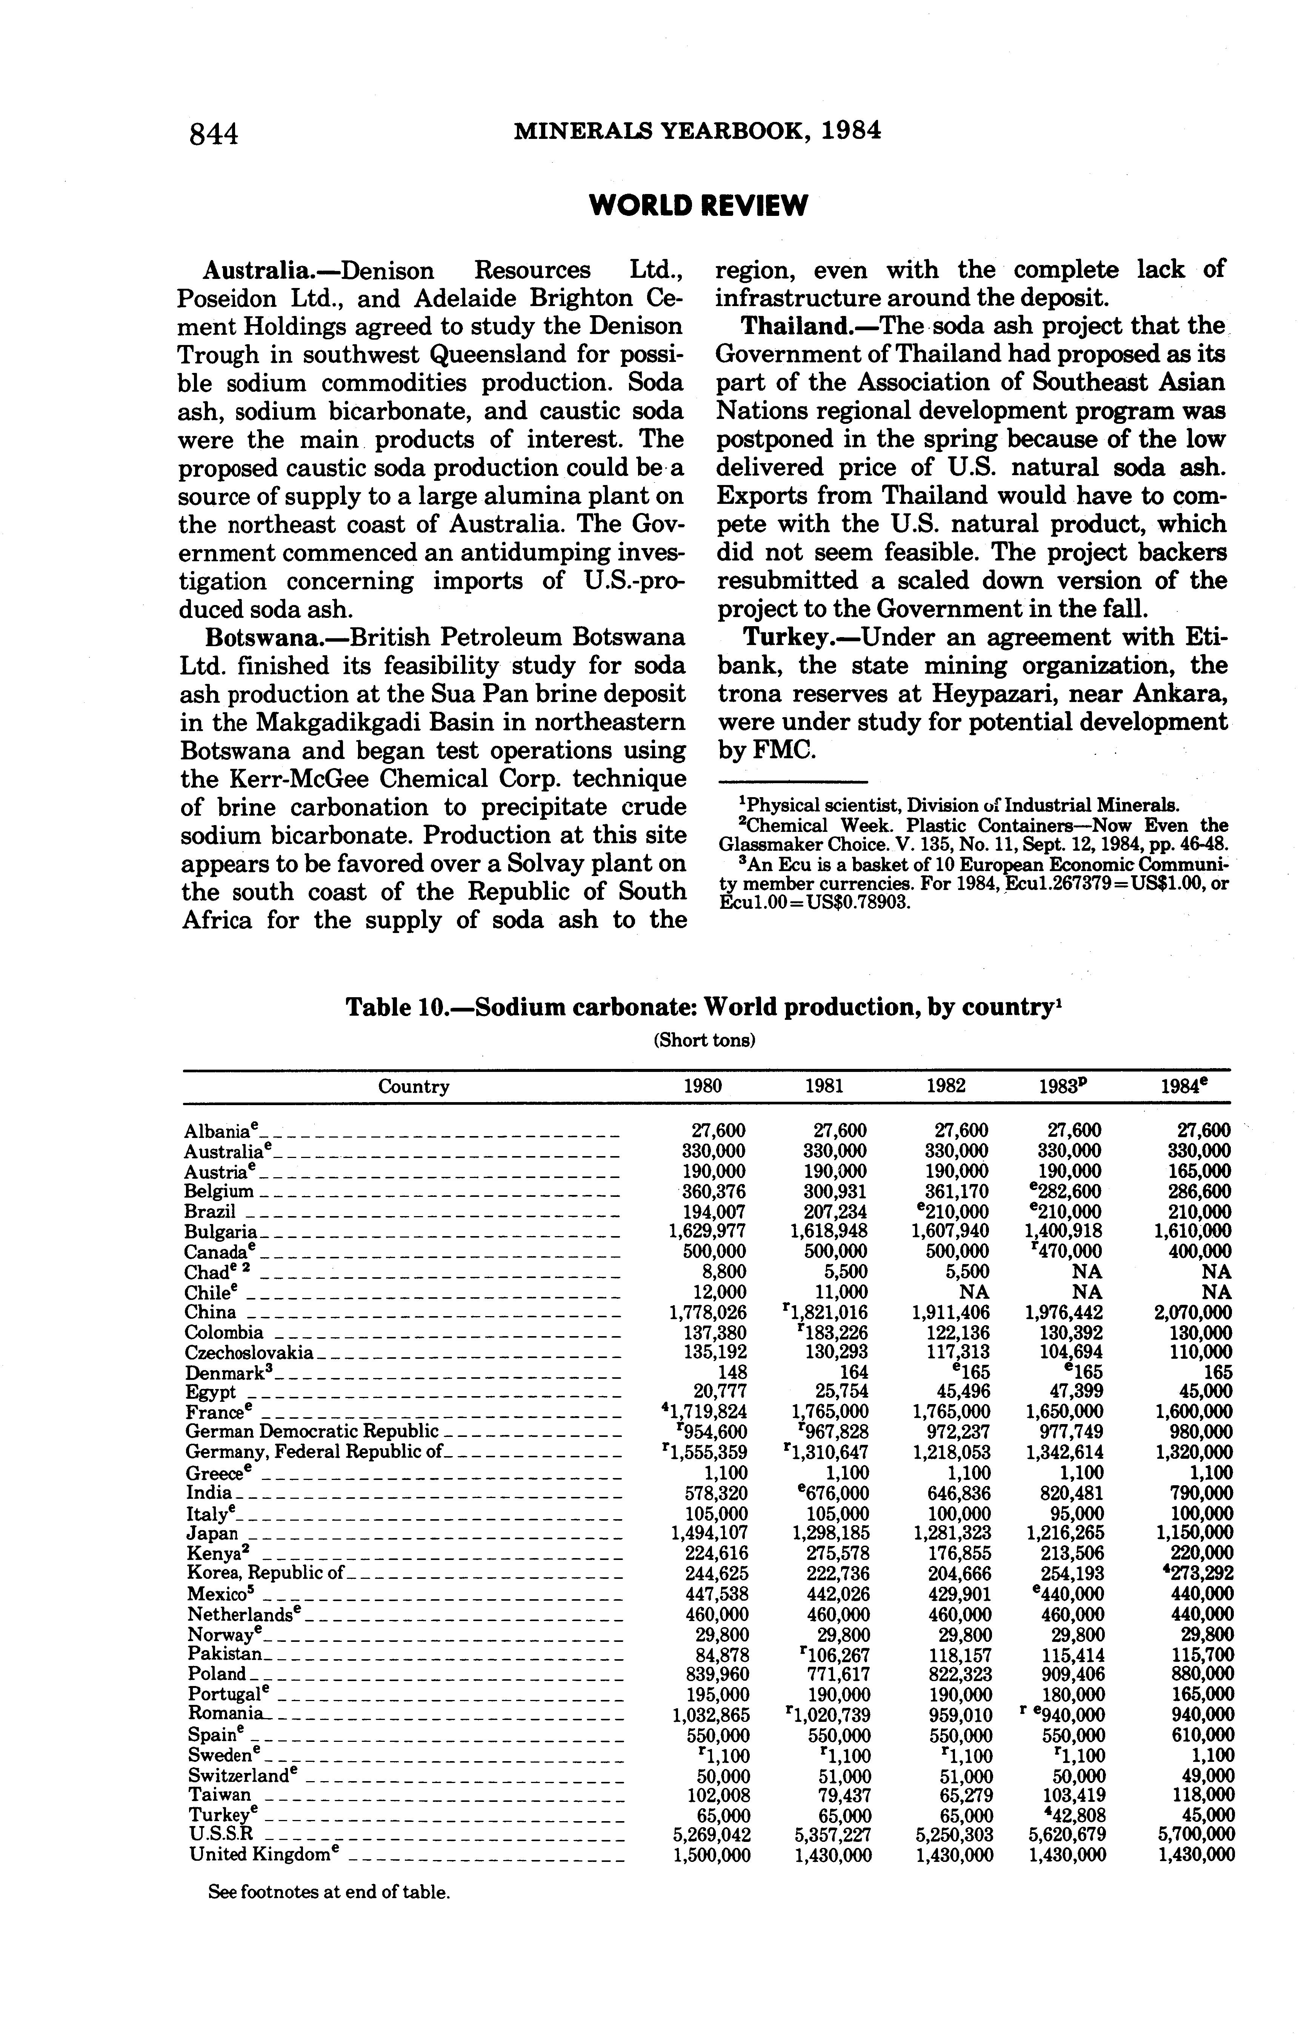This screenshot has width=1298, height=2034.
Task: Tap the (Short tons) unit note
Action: point(704,1041)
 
